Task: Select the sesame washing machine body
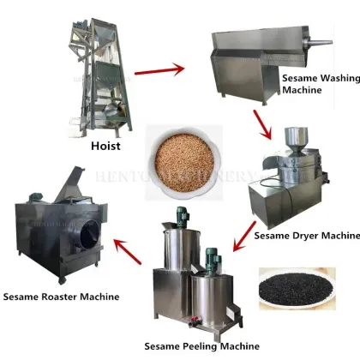[x=256, y=56]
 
